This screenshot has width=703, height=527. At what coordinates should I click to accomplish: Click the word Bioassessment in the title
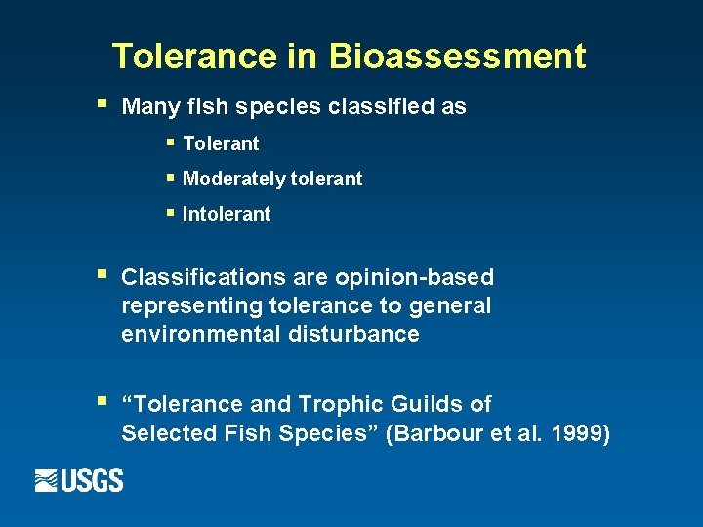[x=458, y=57]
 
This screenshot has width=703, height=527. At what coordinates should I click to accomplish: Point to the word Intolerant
[x=227, y=214]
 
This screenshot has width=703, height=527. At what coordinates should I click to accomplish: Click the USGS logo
[x=79, y=480]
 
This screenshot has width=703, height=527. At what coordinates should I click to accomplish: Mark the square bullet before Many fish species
[x=101, y=102]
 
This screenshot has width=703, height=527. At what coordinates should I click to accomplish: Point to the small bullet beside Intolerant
[x=170, y=212]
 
